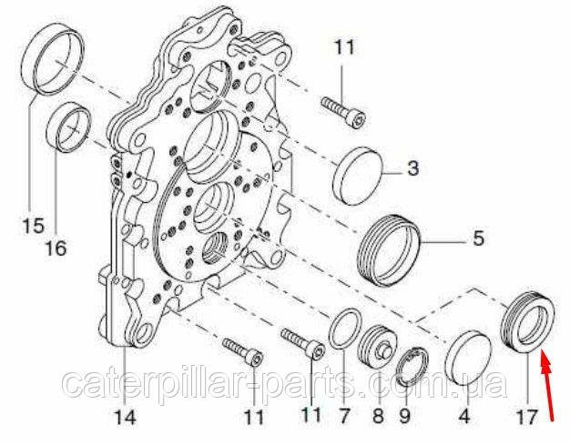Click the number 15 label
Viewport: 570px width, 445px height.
pyautogui.click(x=33, y=225)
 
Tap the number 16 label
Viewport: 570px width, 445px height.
pyautogui.click(x=56, y=248)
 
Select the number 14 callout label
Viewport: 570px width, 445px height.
pyautogui.click(x=125, y=417)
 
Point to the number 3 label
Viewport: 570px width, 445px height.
pyautogui.click(x=412, y=169)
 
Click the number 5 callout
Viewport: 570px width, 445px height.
pyautogui.click(x=479, y=238)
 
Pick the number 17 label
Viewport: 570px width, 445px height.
pyautogui.click(x=526, y=417)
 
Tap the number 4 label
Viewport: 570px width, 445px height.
pyautogui.click(x=465, y=417)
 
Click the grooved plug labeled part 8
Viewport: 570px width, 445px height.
pyautogui.click(x=378, y=345)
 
